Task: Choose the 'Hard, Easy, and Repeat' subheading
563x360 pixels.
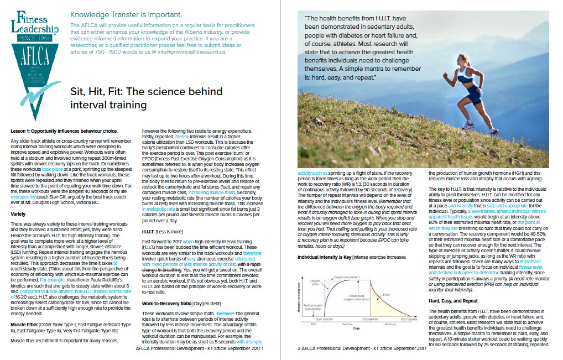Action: tap(453, 300)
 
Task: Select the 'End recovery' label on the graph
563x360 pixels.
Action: tap(409, 335)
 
